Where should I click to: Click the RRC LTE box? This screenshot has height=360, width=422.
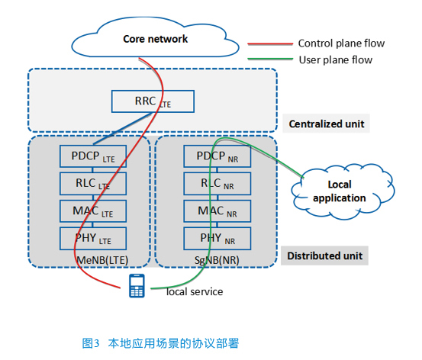tap(153, 101)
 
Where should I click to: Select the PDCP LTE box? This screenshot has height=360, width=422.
tap(93, 156)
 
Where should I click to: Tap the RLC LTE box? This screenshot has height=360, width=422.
tap(93, 184)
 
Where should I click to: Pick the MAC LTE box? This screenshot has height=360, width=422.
tap(93, 211)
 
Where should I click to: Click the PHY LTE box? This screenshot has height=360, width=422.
tap(93, 239)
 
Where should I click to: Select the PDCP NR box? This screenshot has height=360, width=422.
tap(217, 156)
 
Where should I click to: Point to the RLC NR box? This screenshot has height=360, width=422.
tap(217, 184)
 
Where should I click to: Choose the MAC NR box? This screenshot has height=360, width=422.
tap(217, 211)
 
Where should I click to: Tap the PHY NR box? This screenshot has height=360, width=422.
tap(217, 239)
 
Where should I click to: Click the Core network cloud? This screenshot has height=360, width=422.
tap(155, 37)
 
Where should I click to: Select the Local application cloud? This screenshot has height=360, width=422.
tap(343, 191)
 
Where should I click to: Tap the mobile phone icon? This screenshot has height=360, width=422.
tap(137, 286)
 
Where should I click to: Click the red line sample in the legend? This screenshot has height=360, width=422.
tap(270, 43)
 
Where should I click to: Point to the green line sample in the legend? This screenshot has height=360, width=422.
tap(270, 59)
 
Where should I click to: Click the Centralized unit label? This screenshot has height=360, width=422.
tap(326, 124)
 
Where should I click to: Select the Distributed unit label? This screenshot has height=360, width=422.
tap(324, 256)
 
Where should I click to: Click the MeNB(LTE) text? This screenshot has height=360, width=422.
tap(102, 260)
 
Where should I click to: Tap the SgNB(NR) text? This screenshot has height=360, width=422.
tap(217, 260)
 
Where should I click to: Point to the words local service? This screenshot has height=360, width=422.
tap(195, 291)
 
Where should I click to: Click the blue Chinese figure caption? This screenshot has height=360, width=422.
tap(160, 343)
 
